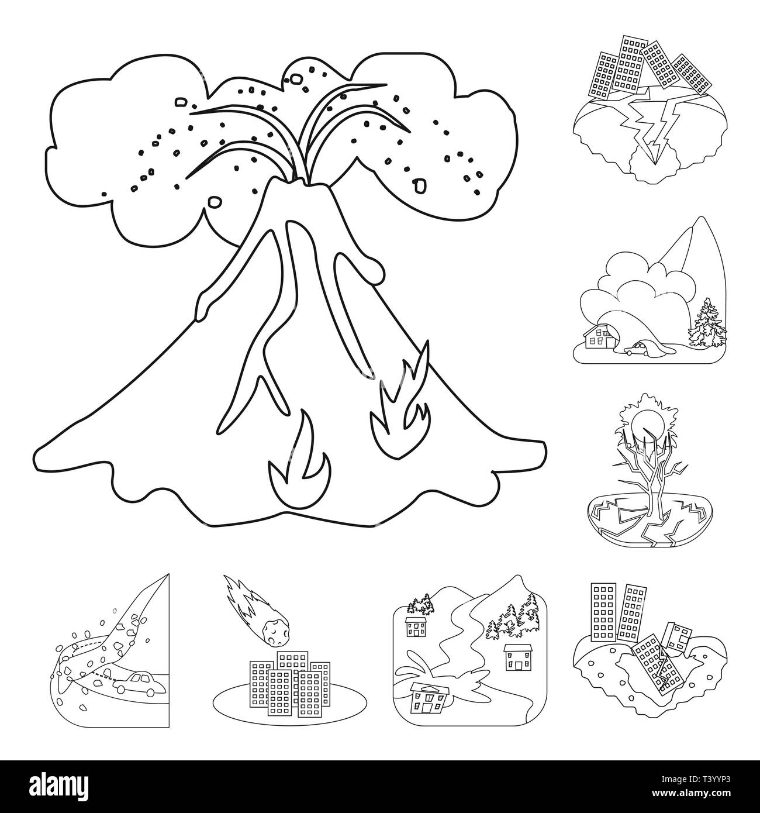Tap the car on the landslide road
pos(136,683)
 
